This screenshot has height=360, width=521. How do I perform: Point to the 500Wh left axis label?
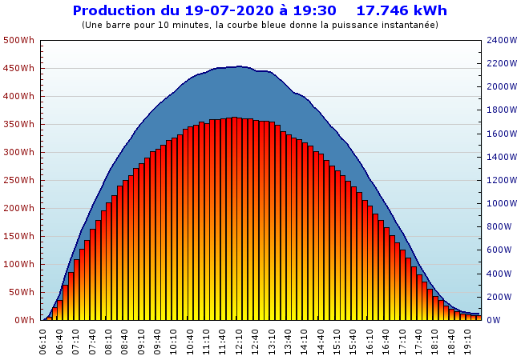(x=18, y=40)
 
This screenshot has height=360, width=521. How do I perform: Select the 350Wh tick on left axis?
(x=18, y=124)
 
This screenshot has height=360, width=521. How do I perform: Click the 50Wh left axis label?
(x=21, y=292)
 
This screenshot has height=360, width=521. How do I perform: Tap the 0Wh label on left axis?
(x=24, y=320)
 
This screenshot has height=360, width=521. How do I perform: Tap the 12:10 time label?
(x=239, y=340)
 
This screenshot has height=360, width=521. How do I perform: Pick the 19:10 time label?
(x=467, y=340)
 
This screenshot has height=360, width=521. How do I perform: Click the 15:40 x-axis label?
(x=353, y=340)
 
